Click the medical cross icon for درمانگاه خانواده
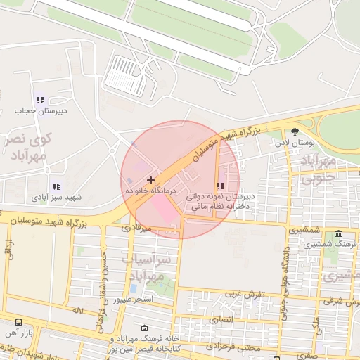tap(150, 181)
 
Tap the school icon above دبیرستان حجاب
tap(40, 101)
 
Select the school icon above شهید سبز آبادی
tap(56, 187)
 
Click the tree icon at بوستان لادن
tap(294, 131)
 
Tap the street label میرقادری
tap(136, 229)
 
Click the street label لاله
tap(77, 309)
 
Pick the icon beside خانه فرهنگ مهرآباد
tap(144, 328)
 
